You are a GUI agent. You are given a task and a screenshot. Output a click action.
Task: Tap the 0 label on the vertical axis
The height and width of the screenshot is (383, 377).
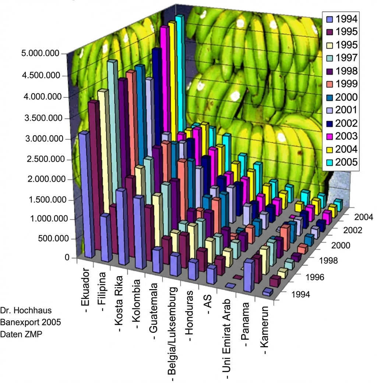pyautogui.click(x=67, y=257)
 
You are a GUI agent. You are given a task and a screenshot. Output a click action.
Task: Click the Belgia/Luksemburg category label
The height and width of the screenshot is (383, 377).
pyautogui.click(x=173, y=333)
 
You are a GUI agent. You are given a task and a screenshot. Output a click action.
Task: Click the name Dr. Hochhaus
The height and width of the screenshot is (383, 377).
pyautogui.click(x=25, y=310)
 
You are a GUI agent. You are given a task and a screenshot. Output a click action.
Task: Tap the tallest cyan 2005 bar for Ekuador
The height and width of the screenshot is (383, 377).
pyautogui.click(x=180, y=74)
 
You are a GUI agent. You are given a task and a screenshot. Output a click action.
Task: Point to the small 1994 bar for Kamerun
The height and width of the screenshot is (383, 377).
pyautogui.click(x=268, y=292)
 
